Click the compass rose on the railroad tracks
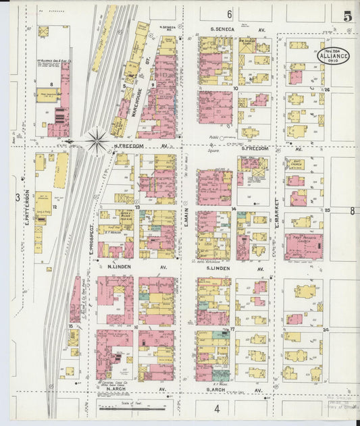click(x=96, y=140)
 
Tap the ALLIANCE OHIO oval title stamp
click(x=334, y=56)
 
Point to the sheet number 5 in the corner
click(x=346, y=16)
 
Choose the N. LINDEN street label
click(x=119, y=267)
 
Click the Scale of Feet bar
click(x=131, y=408)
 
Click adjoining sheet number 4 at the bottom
click(x=217, y=409)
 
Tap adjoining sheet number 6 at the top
click(x=229, y=14)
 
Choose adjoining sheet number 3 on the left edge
click(x=18, y=196)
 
